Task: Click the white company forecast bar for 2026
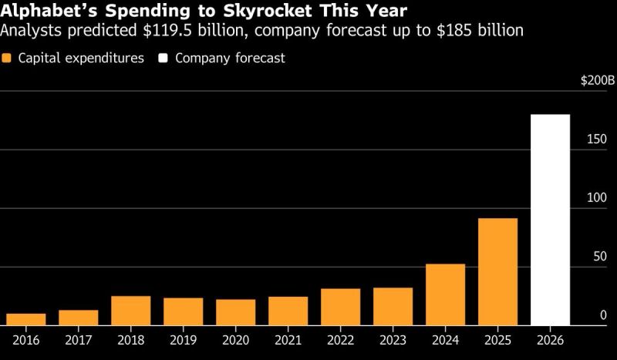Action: click(x=550, y=220)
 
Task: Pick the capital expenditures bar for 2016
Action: click(x=26, y=319)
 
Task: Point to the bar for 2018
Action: click(x=131, y=311)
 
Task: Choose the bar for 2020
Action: click(x=236, y=312)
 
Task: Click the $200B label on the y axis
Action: click(x=598, y=80)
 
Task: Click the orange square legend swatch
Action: click(x=7, y=59)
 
